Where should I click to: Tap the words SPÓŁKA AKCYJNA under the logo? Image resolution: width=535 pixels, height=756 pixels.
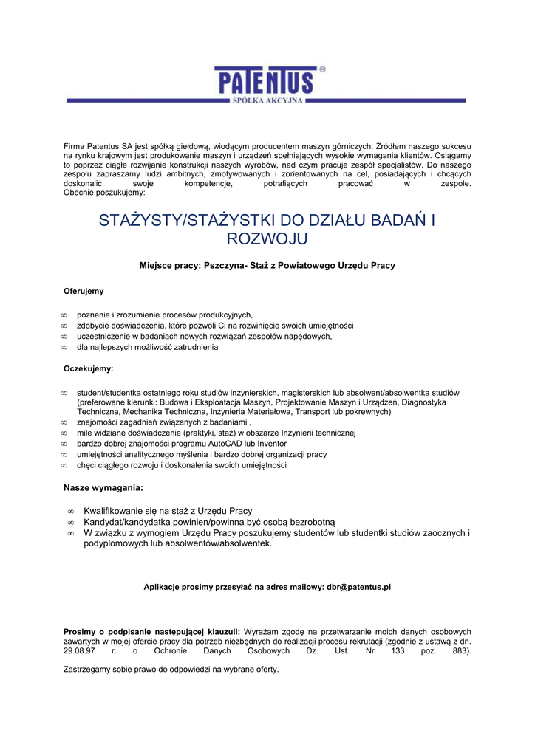(x=267, y=100)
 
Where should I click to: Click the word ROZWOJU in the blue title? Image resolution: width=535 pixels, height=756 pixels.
(x=267, y=238)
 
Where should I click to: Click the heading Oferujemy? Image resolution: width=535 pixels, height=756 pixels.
(x=84, y=291)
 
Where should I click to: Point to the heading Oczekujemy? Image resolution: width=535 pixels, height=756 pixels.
(x=88, y=368)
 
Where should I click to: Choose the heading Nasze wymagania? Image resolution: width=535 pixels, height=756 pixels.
(x=103, y=488)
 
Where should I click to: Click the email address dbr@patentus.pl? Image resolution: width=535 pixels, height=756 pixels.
(x=358, y=587)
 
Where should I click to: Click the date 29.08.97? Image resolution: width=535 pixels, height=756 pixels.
(x=79, y=652)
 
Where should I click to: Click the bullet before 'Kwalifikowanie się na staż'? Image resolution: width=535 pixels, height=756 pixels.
(x=70, y=511)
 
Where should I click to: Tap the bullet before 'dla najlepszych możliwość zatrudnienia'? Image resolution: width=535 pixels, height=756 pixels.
(x=64, y=348)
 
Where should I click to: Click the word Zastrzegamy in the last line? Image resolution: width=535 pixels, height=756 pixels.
(x=88, y=669)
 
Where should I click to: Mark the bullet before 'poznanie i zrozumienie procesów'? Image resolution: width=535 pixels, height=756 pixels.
(x=64, y=315)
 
